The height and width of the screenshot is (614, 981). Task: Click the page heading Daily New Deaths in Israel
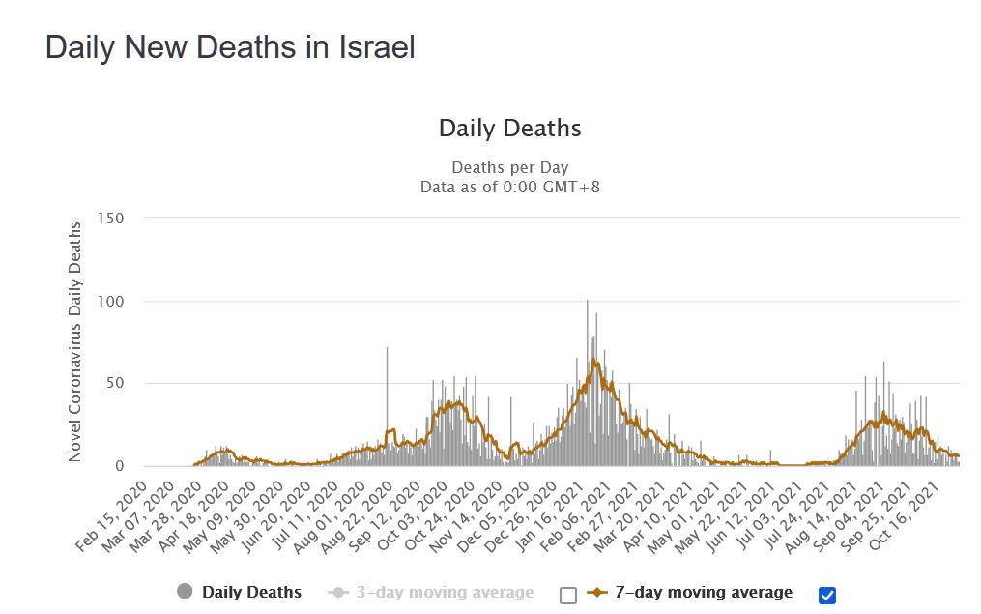pos(230,47)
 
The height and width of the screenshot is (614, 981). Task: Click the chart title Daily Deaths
pos(509,128)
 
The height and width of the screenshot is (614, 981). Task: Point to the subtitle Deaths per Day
pos(509,168)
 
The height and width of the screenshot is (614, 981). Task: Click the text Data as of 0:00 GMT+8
pos(509,187)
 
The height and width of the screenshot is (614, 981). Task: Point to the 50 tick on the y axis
pos(116,384)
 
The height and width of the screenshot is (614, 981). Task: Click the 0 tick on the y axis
pos(121,466)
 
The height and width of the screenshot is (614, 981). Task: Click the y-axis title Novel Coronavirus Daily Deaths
pos(75,341)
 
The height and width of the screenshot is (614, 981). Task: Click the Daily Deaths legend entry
pos(251,592)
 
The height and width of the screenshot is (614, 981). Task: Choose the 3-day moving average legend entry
pos(444,592)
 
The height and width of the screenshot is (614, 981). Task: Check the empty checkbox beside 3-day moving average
pos(568,595)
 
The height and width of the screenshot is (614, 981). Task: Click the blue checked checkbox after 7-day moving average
pos(826,595)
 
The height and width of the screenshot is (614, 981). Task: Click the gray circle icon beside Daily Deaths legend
pos(186,592)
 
